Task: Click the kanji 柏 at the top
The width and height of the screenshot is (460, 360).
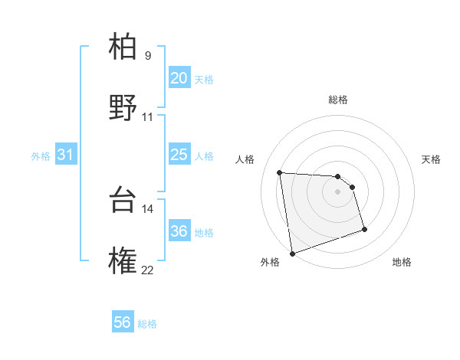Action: (123, 47)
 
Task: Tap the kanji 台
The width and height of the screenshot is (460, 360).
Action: (123, 198)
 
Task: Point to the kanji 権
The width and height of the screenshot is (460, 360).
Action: (123, 260)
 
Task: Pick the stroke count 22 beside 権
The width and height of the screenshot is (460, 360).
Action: (148, 269)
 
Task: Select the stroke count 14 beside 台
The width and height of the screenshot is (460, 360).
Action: (148, 208)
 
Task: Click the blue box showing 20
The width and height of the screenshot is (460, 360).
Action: (179, 78)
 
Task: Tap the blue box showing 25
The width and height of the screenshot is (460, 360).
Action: (179, 155)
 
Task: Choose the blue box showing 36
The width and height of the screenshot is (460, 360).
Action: (179, 231)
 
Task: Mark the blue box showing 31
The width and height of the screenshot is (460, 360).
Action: (65, 155)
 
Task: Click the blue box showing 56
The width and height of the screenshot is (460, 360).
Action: (122, 323)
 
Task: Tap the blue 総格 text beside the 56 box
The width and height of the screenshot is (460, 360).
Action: (148, 324)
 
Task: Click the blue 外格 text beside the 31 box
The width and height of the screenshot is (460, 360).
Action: (41, 155)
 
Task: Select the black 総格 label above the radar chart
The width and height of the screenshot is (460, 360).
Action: (338, 100)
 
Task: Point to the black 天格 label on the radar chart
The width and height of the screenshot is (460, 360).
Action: (432, 159)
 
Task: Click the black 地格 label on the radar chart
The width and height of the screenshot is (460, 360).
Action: (402, 262)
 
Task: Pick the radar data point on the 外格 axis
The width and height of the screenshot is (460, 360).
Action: (292, 253)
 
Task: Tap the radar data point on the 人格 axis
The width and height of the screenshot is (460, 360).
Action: (280, 172)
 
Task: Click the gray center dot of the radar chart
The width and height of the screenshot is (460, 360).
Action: (338, 191)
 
